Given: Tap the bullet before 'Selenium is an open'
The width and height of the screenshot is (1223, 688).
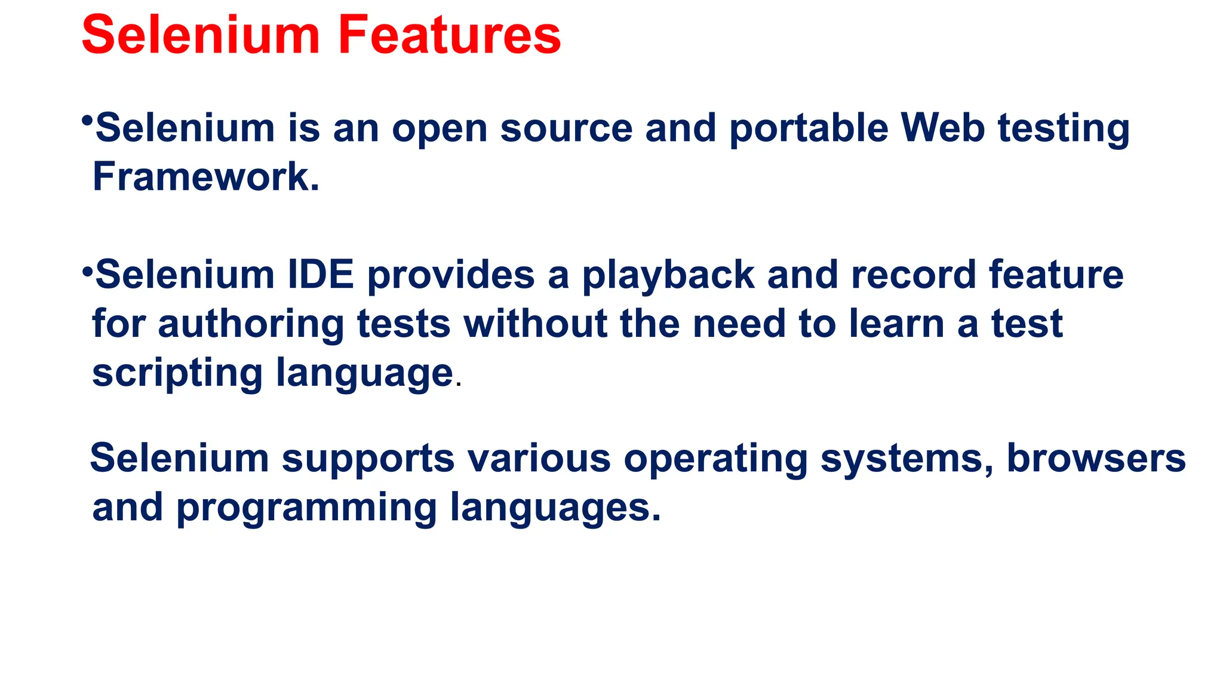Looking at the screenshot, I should coord(87,121).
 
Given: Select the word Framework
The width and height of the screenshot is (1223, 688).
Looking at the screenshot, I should coord(206,177).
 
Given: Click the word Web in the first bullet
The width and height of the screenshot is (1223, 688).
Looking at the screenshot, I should coord(942,128).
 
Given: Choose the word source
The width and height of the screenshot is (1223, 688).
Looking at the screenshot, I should coord(566,129).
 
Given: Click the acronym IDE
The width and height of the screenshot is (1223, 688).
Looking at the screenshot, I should coord(321,275).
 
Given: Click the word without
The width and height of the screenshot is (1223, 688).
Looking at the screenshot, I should coord(535,324).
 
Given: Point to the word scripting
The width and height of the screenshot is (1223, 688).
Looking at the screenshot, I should coord(177,374).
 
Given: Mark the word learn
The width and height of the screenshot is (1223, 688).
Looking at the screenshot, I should coord(896,324).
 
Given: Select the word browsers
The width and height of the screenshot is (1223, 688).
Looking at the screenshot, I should coord(1096,459).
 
